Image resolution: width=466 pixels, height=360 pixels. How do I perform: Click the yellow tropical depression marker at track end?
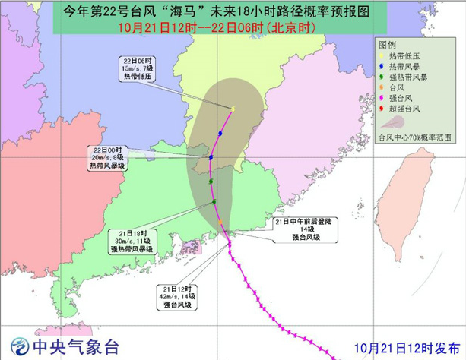[x=233, y=109]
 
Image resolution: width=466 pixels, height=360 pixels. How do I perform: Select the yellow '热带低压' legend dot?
[x=382, y=57]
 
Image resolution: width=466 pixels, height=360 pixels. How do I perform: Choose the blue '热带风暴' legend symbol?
[x=382, y=68]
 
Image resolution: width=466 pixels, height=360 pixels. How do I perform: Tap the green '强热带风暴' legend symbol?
[x=382, y=78]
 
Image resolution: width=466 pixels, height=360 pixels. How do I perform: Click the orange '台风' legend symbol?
[x=382, y=89]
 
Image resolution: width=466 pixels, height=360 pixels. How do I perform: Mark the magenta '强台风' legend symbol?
[x=382, y=99]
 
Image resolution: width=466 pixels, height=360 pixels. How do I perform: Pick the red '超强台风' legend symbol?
[x=382, y=110]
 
